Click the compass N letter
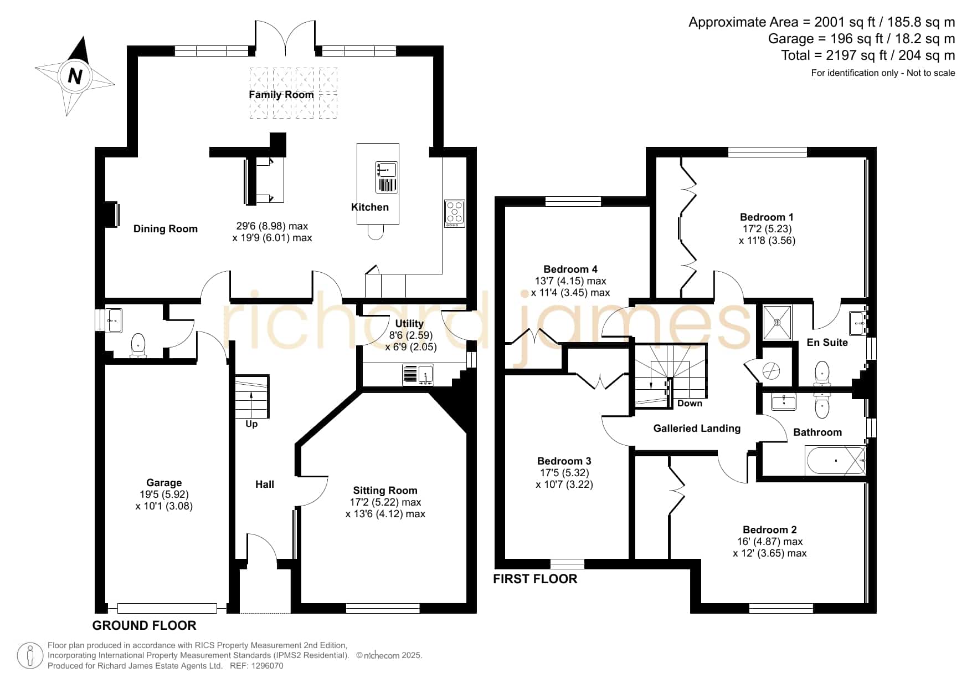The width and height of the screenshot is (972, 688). pos(75,75)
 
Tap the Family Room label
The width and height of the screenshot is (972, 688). pos(281,95)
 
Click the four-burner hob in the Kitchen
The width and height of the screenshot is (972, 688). pos(455,213)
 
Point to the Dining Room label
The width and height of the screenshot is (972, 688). pos(166,229)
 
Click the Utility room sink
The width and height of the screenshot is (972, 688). pos(418,375)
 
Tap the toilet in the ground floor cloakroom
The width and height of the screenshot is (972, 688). pos(138,345)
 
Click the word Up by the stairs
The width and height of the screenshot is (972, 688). pos(251,424)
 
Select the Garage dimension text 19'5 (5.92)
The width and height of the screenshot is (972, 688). pos(164,495)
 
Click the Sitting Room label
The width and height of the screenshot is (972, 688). pos(385,491)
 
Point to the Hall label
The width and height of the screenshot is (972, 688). pos(265,485)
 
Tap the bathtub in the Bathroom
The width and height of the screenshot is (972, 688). pos(836,461)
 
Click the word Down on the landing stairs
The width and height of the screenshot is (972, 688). pos(690,403)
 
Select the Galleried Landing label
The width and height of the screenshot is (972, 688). pos(697,429)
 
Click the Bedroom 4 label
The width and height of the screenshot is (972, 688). pos(570,269)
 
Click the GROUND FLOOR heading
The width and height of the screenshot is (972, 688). pos(144,625)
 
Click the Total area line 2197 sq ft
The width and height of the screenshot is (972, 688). pos(868,55)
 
